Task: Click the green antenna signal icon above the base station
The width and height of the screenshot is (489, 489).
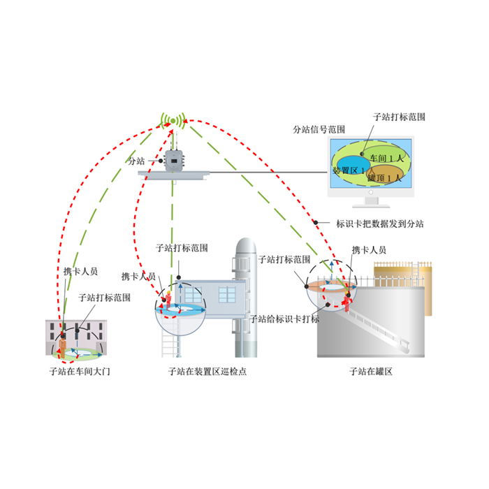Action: (173, 121)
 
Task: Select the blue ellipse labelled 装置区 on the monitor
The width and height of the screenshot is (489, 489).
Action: (352, 169)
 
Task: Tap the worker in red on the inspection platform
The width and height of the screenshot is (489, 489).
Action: (168, 299)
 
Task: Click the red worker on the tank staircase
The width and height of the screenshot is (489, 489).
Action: (346, 302)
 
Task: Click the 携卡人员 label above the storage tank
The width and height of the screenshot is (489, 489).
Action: (369, 249)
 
